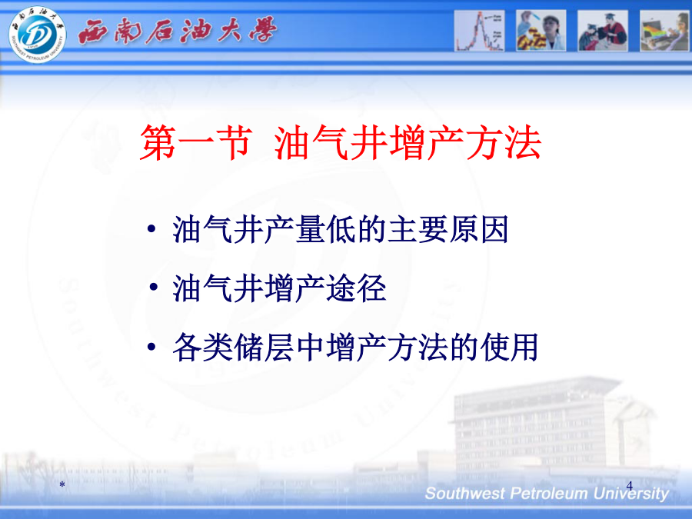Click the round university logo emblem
pos(37,34)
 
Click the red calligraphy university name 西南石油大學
pos(178,31)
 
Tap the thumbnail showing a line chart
pos(479,31)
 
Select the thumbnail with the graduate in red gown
pos(603,31)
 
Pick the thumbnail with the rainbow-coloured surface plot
pos(664,31)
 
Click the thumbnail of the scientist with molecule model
pos(541,31)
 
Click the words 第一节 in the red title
pos(196,142)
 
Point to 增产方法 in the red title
pos(465,142)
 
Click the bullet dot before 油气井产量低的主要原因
pos(151,228)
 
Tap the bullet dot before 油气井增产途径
pos(153,288)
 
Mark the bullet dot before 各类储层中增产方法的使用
pos(151,347)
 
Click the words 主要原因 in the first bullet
pos(448,229)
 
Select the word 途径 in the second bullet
pos(356,288)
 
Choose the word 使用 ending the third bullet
pos(509,348)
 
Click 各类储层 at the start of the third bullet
pos(232,348)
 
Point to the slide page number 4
pos(629,485)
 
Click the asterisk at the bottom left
pos(62,484)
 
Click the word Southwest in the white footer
pos(464,494)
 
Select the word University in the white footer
pos(631,494)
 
